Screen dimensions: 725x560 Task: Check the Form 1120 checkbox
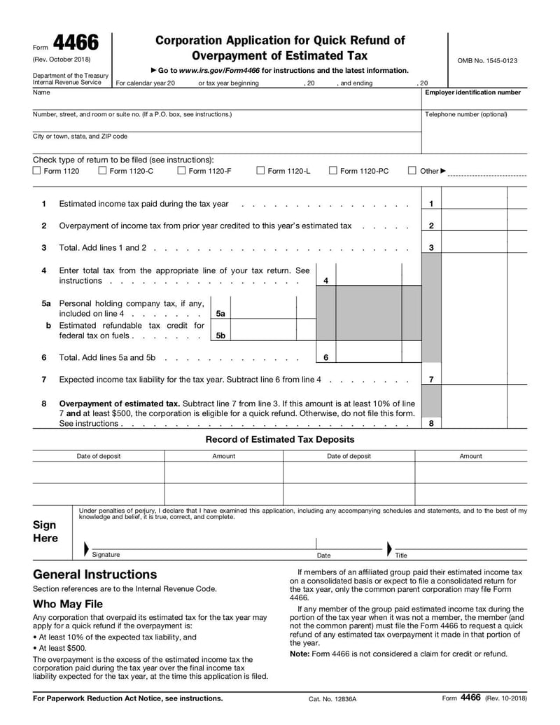coord(36,170)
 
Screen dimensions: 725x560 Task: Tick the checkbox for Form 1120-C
coord(102,170)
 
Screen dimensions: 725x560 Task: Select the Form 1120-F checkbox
coord(181,170)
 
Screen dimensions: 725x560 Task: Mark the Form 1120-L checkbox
coord(260,170)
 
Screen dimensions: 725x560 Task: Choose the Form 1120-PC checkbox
coord(333,170)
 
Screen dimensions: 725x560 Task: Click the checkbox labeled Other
coord(412,170)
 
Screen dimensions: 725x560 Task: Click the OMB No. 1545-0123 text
coord(487,61)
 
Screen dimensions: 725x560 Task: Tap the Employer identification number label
coord(473,92)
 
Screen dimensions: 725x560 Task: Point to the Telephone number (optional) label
coord(466,114)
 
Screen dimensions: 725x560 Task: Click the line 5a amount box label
coord(220,314)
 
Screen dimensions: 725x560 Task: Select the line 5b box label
coord(220,336)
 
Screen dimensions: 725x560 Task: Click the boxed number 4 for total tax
coord(325,281)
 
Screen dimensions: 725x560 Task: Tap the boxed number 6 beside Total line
coord(325,357)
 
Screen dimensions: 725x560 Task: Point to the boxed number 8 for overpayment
coord(431,423)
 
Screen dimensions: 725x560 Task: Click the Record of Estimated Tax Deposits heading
coord(280,439)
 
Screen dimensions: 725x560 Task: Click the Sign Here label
coord(45,532)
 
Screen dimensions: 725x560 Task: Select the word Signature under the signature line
coord(106,555)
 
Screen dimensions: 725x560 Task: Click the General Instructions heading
coord(95,574)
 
